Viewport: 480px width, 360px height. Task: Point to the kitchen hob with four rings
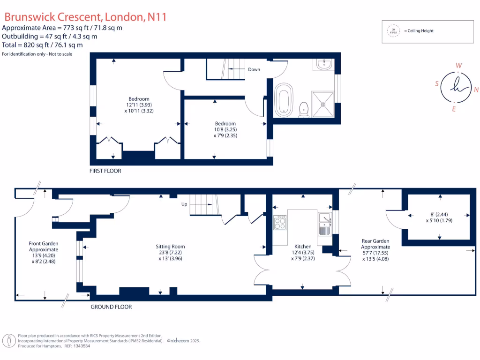[280, 222]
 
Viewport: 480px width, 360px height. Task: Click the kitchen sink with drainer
[324, 224]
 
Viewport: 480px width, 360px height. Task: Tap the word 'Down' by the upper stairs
[254, 69]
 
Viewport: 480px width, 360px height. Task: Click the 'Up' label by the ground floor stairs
[184, 204]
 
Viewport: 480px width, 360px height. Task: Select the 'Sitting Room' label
[170, 247]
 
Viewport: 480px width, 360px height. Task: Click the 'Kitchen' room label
[302, 247]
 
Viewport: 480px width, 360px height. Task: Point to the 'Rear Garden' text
[375, 241]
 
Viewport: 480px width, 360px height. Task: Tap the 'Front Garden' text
[44, 243]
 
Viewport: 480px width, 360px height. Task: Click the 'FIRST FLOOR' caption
[105, 171]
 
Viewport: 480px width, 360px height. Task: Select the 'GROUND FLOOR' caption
[111, 307]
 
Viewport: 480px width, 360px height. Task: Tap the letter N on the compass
[476, 90]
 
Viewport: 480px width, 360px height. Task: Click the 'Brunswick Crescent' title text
[52, 17]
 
